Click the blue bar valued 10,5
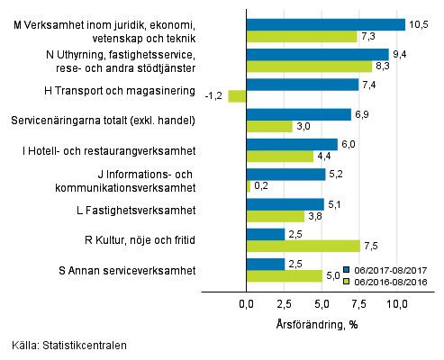point(326,25)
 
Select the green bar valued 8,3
point(309,67)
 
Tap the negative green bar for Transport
point(238,96)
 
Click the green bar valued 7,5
point(304,246)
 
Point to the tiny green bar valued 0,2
point(249,186)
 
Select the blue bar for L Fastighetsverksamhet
point(285,204)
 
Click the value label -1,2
point(214,96)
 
